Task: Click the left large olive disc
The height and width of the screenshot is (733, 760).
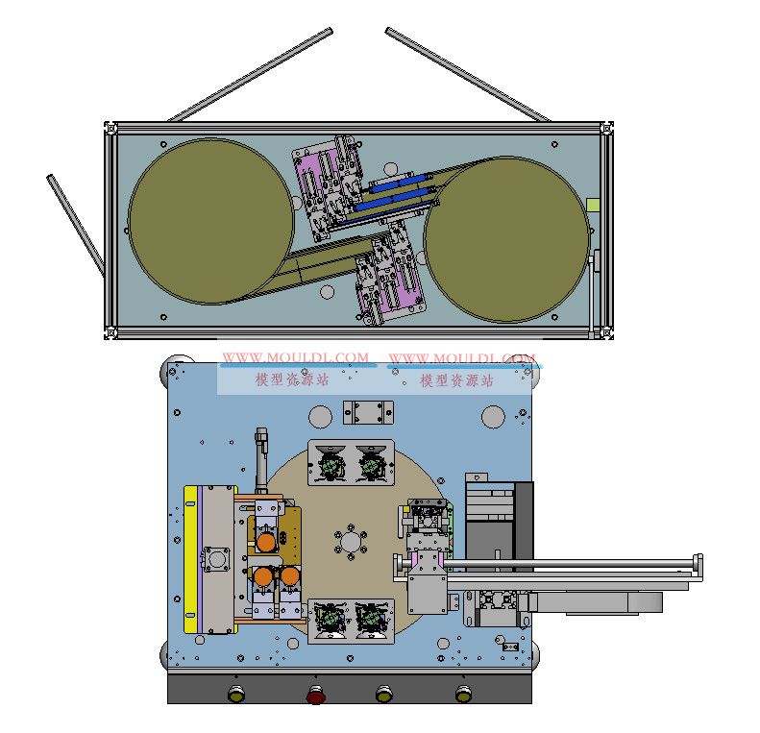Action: [210, 222]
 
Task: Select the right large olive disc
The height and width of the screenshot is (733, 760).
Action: [507, 239]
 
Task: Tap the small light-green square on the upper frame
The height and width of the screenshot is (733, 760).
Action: [593, 205]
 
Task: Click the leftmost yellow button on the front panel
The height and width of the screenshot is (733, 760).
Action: [236, 695]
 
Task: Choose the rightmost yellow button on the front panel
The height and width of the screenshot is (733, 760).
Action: [463, 695]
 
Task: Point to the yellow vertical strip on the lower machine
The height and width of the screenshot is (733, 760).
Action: [190, 559]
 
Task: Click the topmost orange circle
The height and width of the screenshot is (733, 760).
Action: [266, 542]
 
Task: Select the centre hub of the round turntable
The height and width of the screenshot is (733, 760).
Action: [351, 541]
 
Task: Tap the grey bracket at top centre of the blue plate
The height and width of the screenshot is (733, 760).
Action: [368, 412]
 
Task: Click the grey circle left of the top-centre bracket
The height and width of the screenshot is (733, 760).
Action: [320, 416]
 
